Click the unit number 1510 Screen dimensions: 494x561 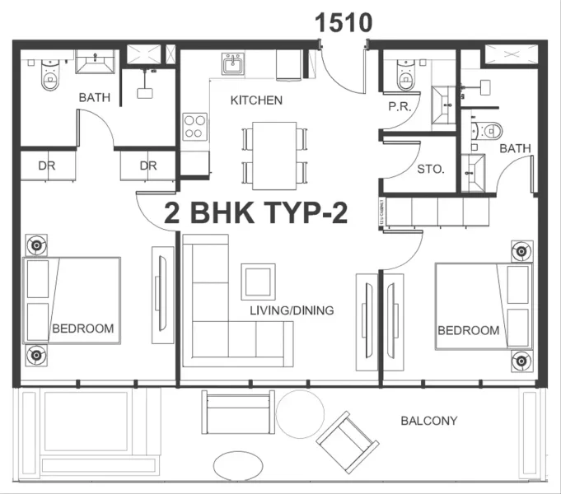tap(344, 22)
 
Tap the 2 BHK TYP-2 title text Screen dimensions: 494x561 tap(256, 214)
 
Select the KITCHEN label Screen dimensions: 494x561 tap(256, 100)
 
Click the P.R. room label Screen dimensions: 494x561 tap(399, 106)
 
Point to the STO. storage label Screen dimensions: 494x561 tap(431, 169)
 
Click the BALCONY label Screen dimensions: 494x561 tap(428, 421)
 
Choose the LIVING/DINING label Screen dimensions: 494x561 tap(292, 310)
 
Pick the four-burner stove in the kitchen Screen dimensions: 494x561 tap(194, 126)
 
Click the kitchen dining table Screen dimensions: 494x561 tap(274, 153)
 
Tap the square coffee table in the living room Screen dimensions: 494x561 tap(258, 282)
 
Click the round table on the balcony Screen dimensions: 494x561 tap(299, 413)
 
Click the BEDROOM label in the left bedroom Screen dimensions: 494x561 tap(82, 329)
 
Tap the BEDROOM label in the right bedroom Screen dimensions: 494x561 tap(468, 330)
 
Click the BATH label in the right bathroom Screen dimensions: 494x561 tap(515, 148)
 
